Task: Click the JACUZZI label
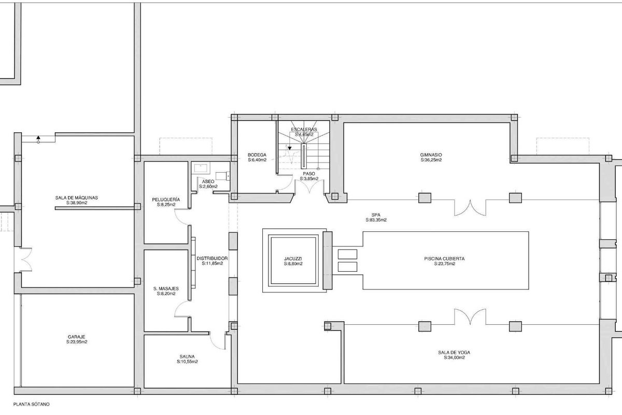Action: click(x=293, y=258)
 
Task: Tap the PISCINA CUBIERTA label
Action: click(x=444, y=258)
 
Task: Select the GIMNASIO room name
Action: click(x=431, y=155)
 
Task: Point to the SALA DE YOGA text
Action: click(x=454, y=352)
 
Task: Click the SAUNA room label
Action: click(x=187, y=356)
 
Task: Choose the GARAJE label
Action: click(x=76, y=337)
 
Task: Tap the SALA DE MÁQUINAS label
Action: click(x=77, y=198)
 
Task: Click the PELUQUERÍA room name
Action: click(x=166, y=200)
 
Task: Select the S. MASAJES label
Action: click(x=166, y=288)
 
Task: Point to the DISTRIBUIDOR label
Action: click(x=212, y=258)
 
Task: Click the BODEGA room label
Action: click(x=257, y=155)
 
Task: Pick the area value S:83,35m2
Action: click(x=376, y=220)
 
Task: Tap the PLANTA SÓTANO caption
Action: click(x=32, y=404)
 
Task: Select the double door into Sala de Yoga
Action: click(x=470, y=317)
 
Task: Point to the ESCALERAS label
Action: click(x=304, y=130)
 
